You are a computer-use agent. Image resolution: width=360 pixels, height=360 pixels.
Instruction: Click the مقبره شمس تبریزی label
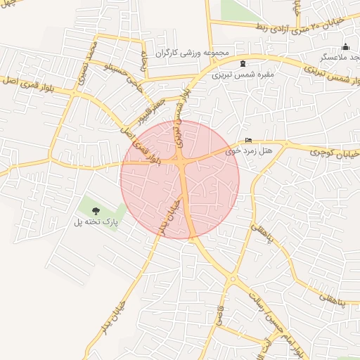tap(243, 73)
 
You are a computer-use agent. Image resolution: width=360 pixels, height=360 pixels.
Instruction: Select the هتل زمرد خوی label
tap(247, 150)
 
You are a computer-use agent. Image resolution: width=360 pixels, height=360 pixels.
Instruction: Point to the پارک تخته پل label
tap(96, 222)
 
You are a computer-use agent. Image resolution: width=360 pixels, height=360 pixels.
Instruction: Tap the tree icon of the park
tap(96, 211)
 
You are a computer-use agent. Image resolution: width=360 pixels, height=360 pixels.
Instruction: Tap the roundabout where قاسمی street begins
tap(232, 279)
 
